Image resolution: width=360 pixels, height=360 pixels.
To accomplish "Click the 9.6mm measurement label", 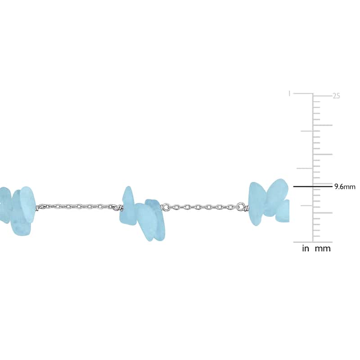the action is click(x=345, y=187).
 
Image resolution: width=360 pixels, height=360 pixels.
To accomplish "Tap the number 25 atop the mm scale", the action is click(x=336, y=96).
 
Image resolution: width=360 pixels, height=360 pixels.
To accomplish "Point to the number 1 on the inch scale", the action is click(x=289, y=94).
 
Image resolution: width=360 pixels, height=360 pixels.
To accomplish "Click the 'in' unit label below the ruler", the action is click(x=306, y=248).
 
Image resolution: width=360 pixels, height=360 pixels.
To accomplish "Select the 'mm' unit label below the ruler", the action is click(x=323, y=249).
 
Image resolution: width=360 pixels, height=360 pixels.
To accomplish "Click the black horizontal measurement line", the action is click(x=313, y=187).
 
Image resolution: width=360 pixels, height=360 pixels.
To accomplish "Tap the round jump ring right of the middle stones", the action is click(x=165, y=207).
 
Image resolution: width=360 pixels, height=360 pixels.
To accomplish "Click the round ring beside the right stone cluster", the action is click(x=241, y=206).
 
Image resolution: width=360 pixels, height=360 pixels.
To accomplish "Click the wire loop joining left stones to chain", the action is click(x=40, y=207).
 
